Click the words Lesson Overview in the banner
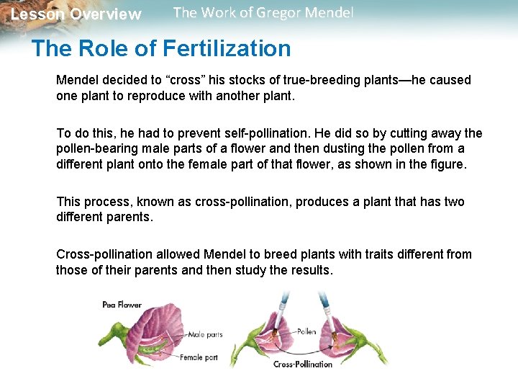pyautogui.click(x=76, y=14)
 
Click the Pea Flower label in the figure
pyautogui.click(x=122, y=305)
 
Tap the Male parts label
pyautogui.click(x=205, y=335)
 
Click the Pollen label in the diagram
pyautogui.click(x=306, y=332)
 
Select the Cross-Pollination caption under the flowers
pyautogui.click(x=303, y=364)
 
